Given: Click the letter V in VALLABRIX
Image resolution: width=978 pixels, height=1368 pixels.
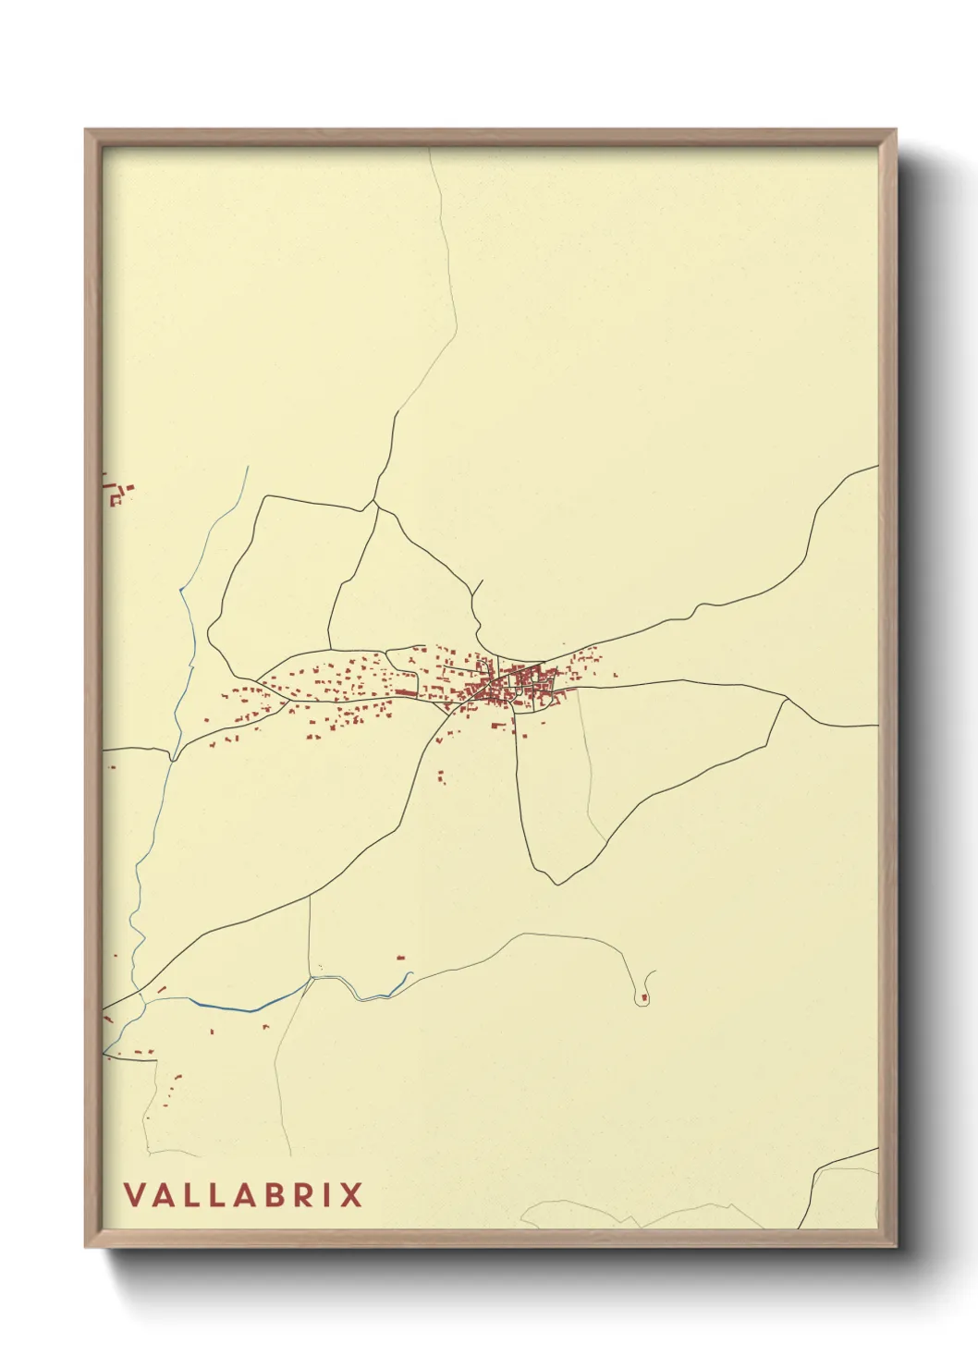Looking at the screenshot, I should tap(134, 1195).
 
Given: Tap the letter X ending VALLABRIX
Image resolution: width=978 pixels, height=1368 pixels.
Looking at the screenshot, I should tap(351, 1195).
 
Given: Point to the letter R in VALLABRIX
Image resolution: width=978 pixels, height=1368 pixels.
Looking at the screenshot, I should tap(287, 1195).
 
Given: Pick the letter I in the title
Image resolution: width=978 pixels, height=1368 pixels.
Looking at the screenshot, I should tap(318, 1195).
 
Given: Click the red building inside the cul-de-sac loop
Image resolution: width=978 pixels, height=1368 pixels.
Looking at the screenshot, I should tap(642, 997).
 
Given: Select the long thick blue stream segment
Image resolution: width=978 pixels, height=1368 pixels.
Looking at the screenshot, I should tap(245, 1005).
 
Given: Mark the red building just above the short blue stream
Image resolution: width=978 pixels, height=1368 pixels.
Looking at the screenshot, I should tap(400, 958).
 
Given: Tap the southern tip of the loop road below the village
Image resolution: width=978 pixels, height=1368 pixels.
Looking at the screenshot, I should tap(556, 884).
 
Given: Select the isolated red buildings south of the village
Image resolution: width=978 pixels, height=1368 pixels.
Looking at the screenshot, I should tap(442, 777).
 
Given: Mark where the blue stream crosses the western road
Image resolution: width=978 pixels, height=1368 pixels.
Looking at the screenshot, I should tap(173, 759).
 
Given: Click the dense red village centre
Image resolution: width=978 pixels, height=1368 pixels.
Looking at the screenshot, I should tap(504, 684).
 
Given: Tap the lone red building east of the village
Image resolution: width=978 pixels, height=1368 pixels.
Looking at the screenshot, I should tap(615, 674).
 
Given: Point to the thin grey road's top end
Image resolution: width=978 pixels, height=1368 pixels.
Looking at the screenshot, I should tap(431, 150).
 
